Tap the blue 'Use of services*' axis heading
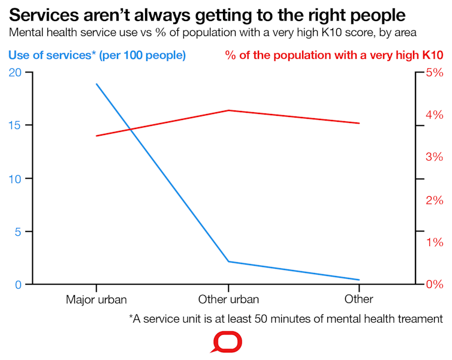[97, 55]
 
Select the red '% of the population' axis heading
[334, 55]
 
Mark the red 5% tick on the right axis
[434, 73]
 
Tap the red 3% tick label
[434, 157]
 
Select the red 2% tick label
[434, 200]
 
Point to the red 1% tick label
[434, 242]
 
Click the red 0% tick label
[434, 284]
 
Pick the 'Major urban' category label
[96, 299]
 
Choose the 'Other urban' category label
[228, 299]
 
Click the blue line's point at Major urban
[96, 84]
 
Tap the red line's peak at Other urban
[228, 110]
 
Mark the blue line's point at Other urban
[228, 262]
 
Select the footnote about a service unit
[285, 319]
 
